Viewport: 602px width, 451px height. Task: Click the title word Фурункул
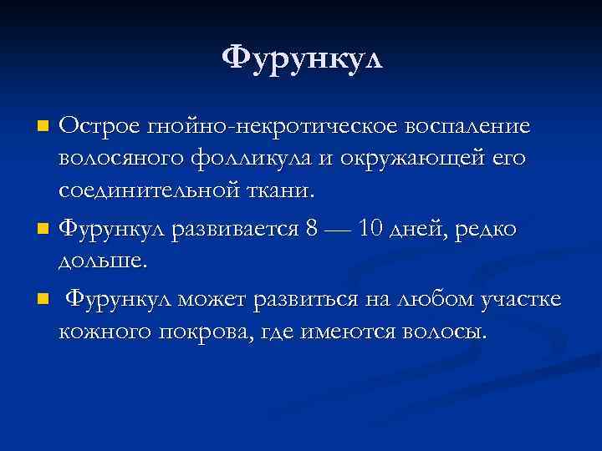click(301, 58)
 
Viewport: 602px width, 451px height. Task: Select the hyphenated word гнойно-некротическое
click(273, 127)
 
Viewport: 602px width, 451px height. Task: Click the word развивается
click(236, 228)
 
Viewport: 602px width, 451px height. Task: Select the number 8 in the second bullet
click(313, 228)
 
